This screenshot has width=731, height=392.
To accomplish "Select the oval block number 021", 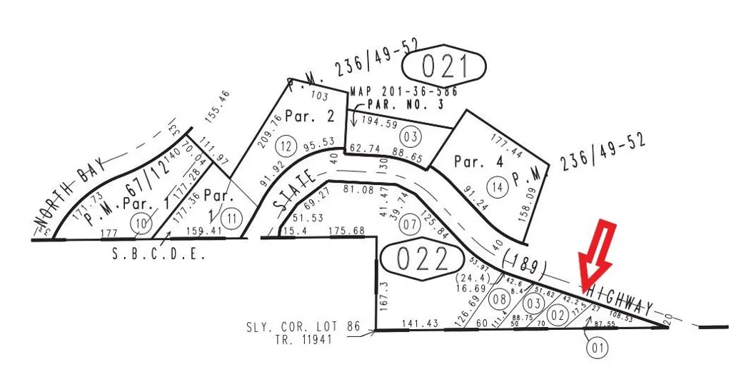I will (443, 67).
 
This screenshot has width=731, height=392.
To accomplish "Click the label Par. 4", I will (478, 162).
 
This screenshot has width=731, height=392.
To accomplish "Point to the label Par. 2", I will (310, 116).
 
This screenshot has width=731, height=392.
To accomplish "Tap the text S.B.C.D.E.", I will (158, 253).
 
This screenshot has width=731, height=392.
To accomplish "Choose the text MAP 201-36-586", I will (404, 91).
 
